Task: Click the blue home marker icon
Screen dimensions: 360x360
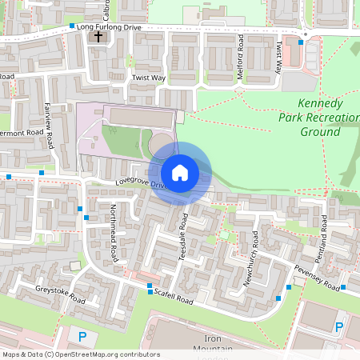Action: [x=180, y=173]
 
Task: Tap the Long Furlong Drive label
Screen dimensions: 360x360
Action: [x=111, y=26]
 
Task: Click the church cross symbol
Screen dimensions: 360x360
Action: [x=99, y=37]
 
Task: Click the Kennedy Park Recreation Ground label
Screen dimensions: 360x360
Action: [x=320, y=118]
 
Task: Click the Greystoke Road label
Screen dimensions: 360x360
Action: [x=60, y=294]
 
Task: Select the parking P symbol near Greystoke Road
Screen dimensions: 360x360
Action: [x=82, y=336]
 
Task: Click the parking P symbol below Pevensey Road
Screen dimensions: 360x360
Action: [x=339, y=326]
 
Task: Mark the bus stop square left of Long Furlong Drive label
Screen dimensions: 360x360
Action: [x=72, y=26]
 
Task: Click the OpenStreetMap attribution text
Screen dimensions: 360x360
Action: [x=80, y=354]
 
